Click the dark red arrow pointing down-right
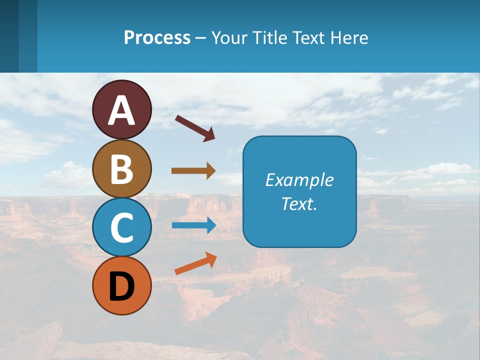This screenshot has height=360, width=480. pyautogui.click(x=195, y=127)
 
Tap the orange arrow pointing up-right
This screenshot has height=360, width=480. pyautogui.click(x=195, y=263)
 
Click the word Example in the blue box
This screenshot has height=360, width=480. pyautogui.click(x=299, y=180)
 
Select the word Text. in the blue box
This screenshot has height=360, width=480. pyautogui.click(x=299, y=203)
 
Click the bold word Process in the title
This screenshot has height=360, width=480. pyautogui.click(x=157, y=37)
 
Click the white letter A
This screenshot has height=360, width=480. pyautogui.click(x=122, y=110)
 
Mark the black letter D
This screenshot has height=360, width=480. pyautogui.click(x=122, y=286)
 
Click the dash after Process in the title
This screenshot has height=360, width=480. pyautogui.click(x=200, y=38)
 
